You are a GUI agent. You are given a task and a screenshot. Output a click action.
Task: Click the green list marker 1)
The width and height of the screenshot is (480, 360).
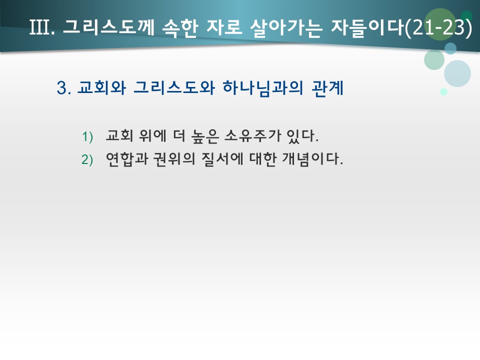pos(88,136)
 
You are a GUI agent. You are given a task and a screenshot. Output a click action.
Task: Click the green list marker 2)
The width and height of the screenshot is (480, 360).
pos(88,160)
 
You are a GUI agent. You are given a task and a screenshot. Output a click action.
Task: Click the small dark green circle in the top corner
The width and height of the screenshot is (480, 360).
pos(466,16)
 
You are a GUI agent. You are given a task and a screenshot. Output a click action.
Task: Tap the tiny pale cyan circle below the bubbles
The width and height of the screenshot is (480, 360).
pos(443,92)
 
